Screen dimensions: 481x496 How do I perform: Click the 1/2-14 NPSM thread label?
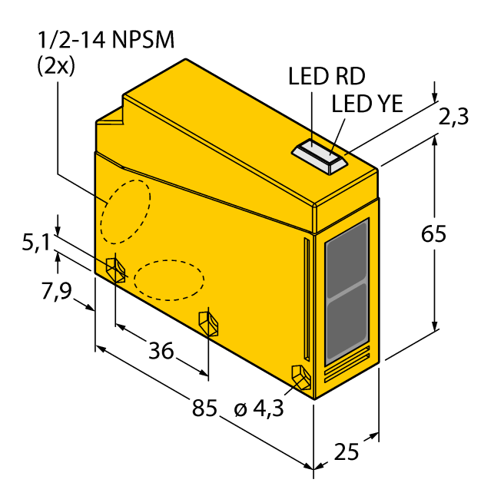tap(106, 40)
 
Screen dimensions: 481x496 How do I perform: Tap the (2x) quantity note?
tap(56, 67)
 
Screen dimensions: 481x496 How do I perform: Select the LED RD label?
tap(327, 76)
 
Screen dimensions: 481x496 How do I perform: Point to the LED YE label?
tap(367, 104)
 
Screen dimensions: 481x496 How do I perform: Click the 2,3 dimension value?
tap(453, 117)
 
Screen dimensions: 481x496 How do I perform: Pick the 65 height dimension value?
tap(433, 233)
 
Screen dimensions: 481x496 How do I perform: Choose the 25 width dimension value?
tap(347, 451)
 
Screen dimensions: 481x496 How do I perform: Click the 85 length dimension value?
tap(204, 408)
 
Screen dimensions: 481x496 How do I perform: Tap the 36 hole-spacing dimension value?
tap(161, 351)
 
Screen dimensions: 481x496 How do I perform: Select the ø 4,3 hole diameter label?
tap(259, 409)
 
